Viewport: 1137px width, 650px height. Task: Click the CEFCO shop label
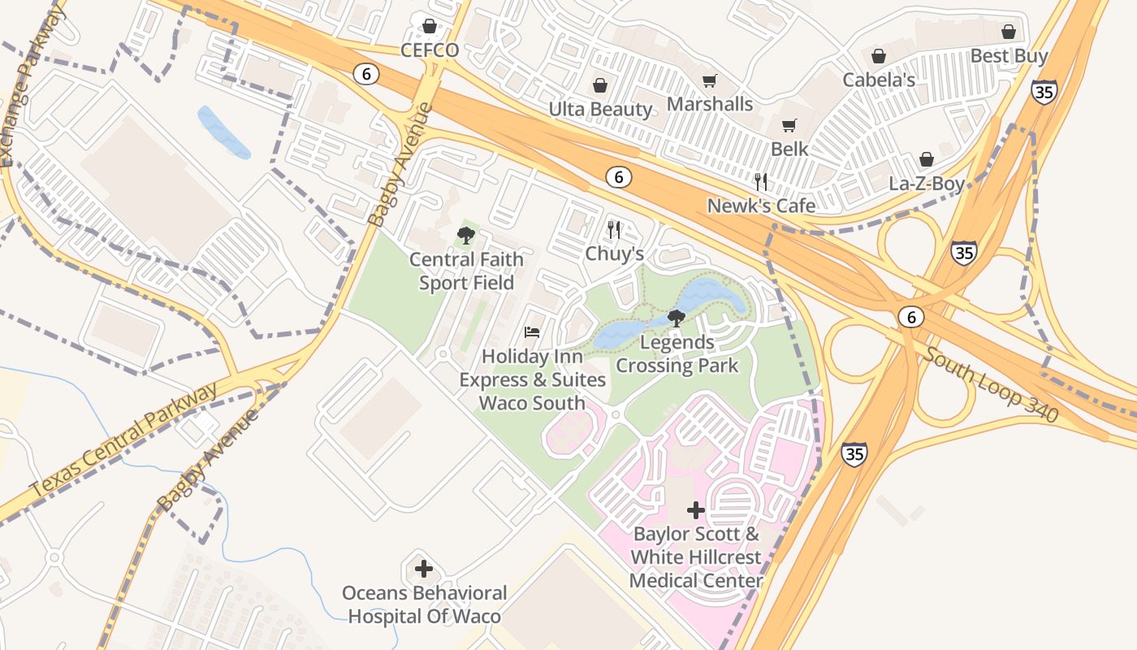tap(430, 50)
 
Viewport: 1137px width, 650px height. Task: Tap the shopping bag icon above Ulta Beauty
tap(600, 85)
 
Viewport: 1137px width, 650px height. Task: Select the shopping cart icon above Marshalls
tap(710, 80)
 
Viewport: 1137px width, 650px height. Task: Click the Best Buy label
tap(1009, 56)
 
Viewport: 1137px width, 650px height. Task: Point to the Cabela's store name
tap(878, 80)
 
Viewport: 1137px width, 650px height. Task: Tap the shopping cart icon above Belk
tap(789, 125)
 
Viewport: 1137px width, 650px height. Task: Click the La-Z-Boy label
tap(926, 184)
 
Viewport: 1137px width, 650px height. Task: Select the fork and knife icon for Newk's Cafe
tap(761, 181)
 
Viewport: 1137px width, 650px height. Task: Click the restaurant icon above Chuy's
tap(614, 230)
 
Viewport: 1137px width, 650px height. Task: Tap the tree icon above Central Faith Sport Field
tap(465, 236)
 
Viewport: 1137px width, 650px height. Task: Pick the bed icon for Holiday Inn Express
tap(532, 332)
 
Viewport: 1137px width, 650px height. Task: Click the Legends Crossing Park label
tap(677, 354)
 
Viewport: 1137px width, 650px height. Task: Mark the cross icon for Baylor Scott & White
tap(696, 510)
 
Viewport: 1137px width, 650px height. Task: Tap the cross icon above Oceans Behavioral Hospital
tap(424, 569)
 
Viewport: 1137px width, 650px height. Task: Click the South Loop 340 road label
tap(991, 385)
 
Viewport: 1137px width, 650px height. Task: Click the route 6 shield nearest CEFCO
tap(366, 74)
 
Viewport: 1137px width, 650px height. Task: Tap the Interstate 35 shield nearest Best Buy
tap(1044, 91)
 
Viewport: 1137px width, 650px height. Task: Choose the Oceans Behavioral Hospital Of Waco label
tap(424, 604)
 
